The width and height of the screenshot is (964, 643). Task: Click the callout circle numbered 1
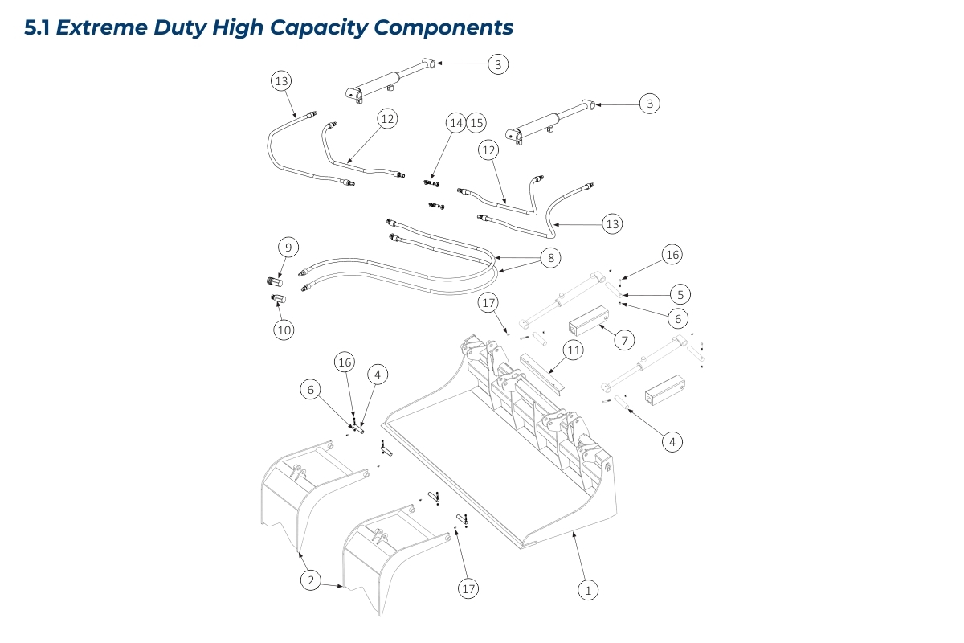588,590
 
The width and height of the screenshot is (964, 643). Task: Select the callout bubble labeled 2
310,579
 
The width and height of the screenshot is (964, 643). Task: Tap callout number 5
679,294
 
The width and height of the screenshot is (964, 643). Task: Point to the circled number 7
624,340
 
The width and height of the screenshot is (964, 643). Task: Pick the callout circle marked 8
550,258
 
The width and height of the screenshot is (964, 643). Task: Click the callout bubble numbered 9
289,246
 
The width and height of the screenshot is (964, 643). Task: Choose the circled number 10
284,330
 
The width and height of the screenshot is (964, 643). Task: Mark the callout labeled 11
573,350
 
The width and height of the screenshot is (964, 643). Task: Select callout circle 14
457,123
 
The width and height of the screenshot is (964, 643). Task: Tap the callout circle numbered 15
477,123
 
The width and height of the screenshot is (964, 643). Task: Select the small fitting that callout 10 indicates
278,300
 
